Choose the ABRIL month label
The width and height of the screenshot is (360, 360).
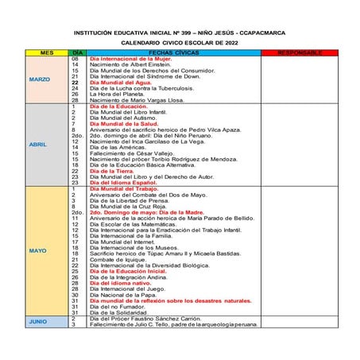pyautogui.click(x=38, y=145)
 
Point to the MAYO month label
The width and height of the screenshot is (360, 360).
pyautogui.click(x=38, y=251)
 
